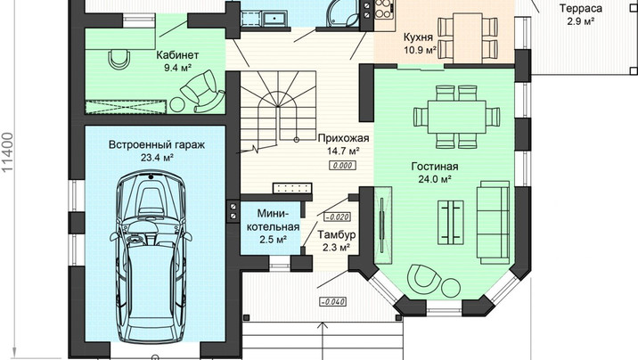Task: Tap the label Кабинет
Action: (177, 55)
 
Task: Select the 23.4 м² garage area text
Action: (157, 158)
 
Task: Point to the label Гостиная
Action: (435, 167)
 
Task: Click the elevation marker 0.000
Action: (342, 166)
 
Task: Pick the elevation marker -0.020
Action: (338, 217)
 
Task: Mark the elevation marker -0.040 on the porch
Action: (333, 302)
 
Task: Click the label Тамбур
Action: (337, 234)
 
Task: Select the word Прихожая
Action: (343, 138)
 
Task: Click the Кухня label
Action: (418, 37)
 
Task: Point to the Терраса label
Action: (581, 9)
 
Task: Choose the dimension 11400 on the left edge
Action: (8, 152)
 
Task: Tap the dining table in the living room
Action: (456, 117)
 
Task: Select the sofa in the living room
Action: (493, 222)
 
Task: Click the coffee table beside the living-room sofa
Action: (450, 222)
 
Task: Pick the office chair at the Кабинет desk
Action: (119, 59)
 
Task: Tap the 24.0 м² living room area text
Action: (435, 179)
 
